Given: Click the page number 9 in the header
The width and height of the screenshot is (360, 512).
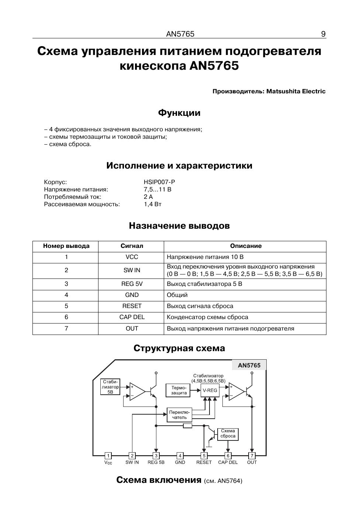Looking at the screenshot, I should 323,34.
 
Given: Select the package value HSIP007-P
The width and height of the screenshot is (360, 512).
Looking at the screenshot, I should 159,182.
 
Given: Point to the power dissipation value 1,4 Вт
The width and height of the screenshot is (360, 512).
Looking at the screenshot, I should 153,204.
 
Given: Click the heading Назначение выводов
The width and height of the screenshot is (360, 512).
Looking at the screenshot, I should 179,226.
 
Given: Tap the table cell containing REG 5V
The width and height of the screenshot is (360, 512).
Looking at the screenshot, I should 132,284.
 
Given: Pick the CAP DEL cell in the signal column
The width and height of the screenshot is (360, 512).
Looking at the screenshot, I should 132,317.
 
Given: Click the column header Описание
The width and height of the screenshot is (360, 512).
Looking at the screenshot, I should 246,246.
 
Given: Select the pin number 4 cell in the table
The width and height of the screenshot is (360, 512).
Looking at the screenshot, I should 66,295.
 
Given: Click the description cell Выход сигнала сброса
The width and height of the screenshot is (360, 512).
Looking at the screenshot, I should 200,306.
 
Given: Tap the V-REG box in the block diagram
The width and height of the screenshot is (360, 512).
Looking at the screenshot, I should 210,391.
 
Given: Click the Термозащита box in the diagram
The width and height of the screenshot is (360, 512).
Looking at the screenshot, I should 179,390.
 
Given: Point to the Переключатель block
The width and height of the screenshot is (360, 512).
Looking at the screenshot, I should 180,415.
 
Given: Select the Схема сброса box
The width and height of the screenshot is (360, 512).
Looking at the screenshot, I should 228,433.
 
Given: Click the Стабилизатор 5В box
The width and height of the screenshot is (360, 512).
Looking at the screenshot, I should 110,387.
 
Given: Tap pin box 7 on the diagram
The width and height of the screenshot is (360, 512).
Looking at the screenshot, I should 252,456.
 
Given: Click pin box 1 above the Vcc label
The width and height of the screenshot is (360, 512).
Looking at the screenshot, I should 108,456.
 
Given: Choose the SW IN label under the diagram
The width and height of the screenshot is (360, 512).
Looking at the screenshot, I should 132,463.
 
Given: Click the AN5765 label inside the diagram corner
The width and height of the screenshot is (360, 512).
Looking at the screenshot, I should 249,365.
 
